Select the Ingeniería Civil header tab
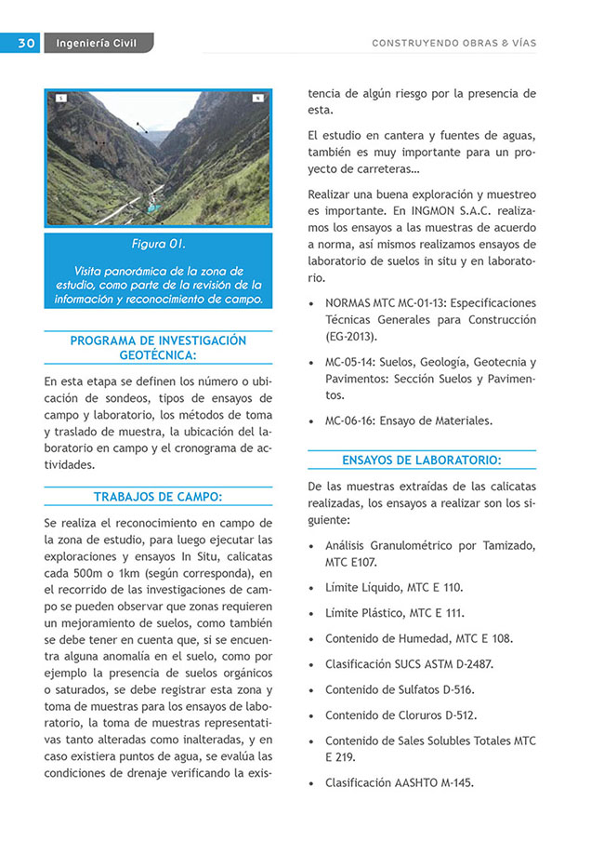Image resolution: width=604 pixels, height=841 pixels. click(x=97, y=43)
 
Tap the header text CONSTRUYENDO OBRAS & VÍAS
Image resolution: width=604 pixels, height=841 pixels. click(x=453, y=43)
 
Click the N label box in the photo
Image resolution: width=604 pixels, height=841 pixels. click(x=256, y=98)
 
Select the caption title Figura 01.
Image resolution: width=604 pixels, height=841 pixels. click(x=158, y=245)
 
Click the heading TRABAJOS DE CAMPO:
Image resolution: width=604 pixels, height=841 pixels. click(x=158, y=497)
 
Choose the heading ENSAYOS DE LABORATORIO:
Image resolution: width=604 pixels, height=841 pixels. click(x=422, y=460)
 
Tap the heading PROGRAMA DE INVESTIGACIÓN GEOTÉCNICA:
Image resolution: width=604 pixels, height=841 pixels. click(x=158, y=348)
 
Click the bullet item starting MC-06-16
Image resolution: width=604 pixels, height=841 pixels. click(x=408, y=420)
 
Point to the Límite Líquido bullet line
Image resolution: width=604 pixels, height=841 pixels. click(x=393, y=588)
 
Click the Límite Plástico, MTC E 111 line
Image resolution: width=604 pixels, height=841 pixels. click(x=394, y=613)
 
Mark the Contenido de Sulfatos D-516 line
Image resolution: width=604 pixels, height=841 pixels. click(x=399, y=689)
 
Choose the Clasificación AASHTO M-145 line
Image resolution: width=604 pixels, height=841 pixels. click(x=399, y=783)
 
